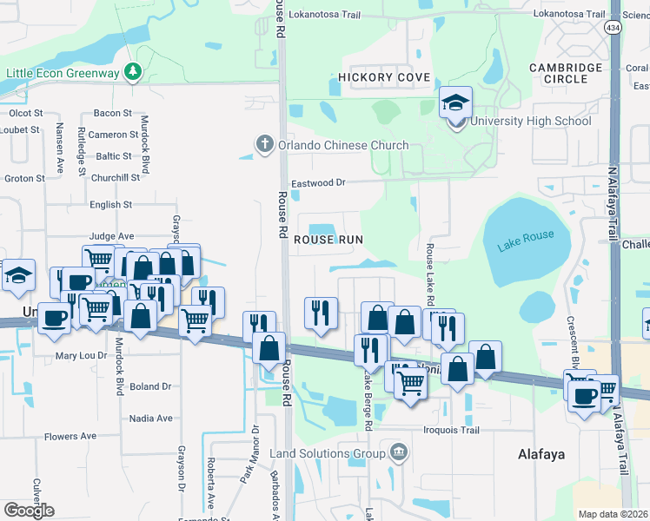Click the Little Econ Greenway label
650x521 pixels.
tap(63, 73)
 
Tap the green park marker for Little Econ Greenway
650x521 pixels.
tap(132, 71)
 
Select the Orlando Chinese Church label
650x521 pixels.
tap(323, 145)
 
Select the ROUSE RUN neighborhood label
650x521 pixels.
tap(327, 239)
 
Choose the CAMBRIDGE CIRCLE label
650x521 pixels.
tap(566, 73)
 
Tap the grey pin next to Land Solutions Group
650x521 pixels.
tap(399, 452)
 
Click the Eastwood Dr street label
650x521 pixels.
tap(318, 183)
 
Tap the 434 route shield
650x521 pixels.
tap(614, 29)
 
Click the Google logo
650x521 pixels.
tap(29, 511)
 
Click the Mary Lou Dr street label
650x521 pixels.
tap(81, 356)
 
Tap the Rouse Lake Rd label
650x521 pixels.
tap(429, 274)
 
